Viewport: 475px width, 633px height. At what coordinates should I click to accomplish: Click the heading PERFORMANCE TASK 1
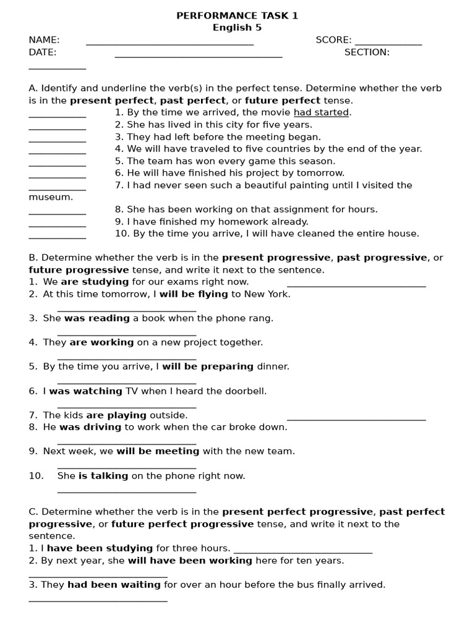coord(237,15)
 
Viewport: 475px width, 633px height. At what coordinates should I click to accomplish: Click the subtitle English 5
coord(237,28)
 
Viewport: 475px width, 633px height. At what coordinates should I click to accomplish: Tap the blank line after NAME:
coord(169,43)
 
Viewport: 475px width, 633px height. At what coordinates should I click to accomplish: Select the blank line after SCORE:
coord(388,43)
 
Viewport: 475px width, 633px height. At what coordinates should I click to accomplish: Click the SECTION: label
coord(367,53)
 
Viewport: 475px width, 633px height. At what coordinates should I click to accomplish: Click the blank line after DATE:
coord(199,56)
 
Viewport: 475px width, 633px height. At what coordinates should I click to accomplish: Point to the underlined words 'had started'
coord(321,113)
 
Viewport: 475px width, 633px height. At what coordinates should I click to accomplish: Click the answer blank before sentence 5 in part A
coord(57,164)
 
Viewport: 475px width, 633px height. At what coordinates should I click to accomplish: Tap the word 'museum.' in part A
coord(51,197)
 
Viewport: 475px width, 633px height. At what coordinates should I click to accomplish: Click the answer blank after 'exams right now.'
coord(356,286)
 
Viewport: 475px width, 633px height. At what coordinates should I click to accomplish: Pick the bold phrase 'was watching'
coord(85,391)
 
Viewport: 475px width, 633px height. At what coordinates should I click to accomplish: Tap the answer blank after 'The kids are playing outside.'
coord(356,419)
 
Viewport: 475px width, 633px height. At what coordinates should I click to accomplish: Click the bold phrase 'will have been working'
coord(190,561)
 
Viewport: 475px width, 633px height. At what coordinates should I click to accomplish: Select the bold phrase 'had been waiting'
coord(114,585)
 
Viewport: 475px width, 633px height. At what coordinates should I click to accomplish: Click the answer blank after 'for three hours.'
coord(303,552)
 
